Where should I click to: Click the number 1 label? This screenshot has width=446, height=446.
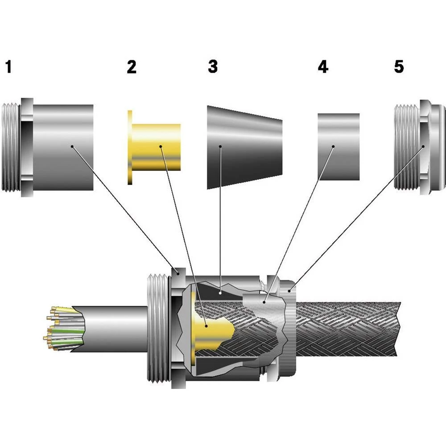coord(8,67)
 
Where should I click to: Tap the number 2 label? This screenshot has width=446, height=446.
coord(131,67)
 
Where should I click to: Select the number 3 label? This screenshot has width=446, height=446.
coord(213,66)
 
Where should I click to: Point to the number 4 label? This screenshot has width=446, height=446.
coord(323,67)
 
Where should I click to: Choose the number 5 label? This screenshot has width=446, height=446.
coord(399,66)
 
